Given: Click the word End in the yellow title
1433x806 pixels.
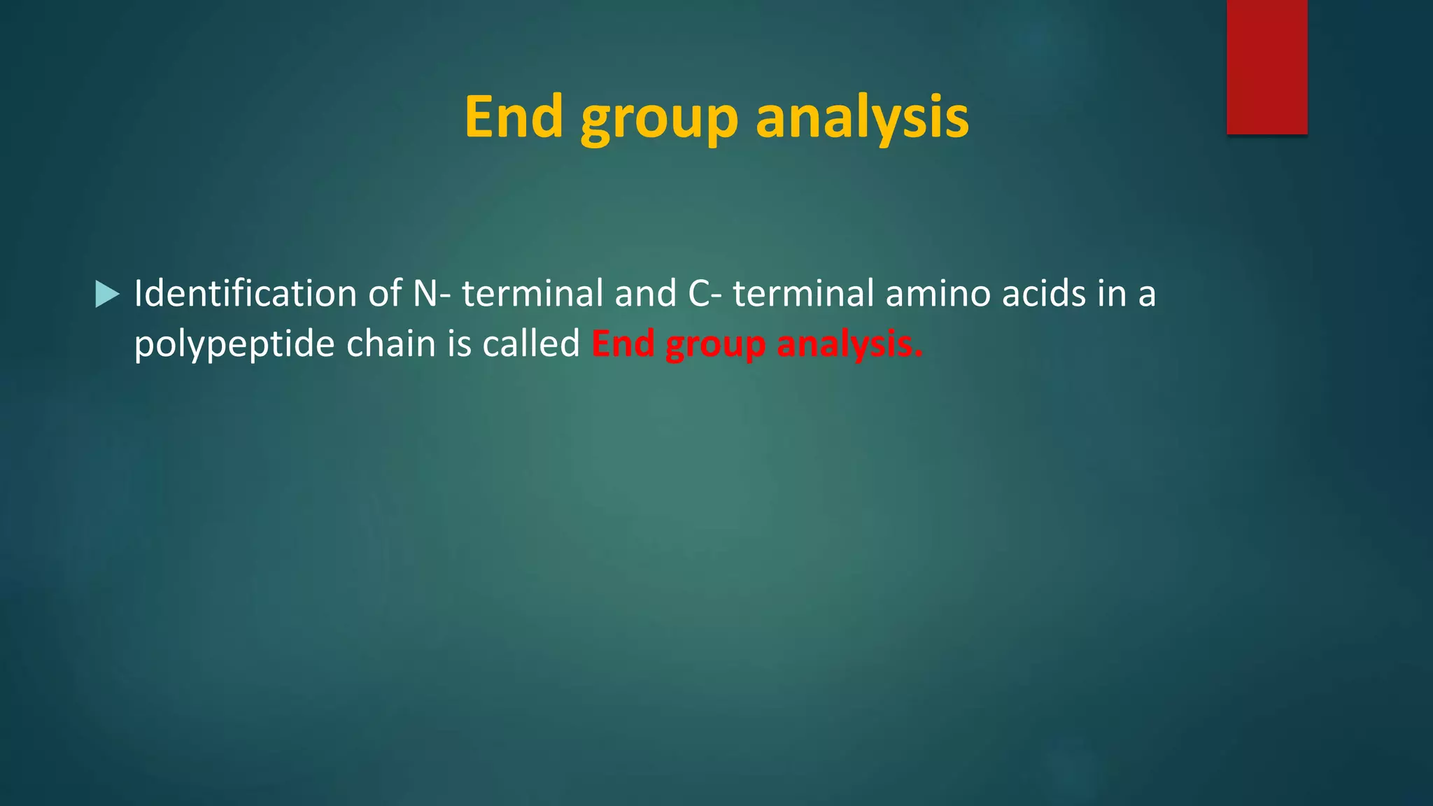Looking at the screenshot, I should point(514,117).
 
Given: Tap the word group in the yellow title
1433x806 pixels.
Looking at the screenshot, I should point(659,119).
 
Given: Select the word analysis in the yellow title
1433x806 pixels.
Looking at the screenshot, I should point(862,118).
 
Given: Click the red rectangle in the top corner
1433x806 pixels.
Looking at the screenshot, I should point(1266,67).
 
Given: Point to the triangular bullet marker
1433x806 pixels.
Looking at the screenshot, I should point(107,295).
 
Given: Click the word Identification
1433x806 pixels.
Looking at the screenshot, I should point(245,293).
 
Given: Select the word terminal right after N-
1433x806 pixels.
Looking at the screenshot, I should point(532,293).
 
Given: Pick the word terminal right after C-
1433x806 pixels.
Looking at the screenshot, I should point(803,293).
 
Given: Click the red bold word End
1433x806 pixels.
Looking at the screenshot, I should point(623,344).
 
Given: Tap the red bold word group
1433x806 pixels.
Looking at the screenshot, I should point(715,346).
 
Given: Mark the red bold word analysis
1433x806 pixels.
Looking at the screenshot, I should point(849,344).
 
